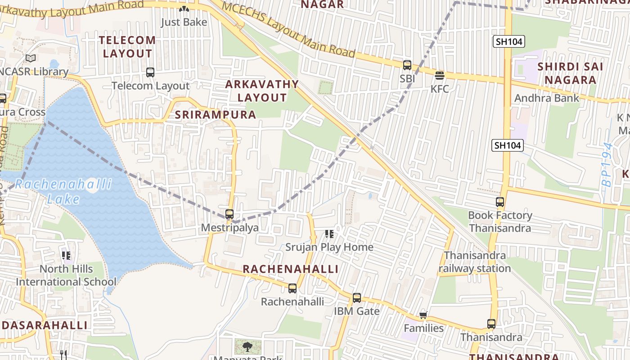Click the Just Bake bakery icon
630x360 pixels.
tap(184, 9)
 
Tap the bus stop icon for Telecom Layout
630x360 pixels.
tap(150, 72)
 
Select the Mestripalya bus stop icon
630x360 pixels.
tap(229, 214)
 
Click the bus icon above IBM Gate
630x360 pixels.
tap(357, 297)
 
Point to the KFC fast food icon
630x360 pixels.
tap(440, 75)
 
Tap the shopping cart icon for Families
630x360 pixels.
tap(423, 315)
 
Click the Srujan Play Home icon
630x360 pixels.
tap(329, 234)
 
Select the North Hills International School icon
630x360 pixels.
tap(66, 256)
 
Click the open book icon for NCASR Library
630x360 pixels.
tap(31, 58)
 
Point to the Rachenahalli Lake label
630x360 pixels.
tap(63, 191)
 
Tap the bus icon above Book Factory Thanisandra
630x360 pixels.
tap(500, 202)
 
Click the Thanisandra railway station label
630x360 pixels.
tap(475, 262)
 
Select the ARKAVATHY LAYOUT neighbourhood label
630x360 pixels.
tap(262, 91)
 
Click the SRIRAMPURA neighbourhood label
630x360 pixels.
tap(216, 115)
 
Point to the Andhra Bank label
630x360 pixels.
tap(547, 98)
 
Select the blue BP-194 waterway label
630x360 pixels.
tap(608, 165)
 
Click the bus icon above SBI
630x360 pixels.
tap(407, 65)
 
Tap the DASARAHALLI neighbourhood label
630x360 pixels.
tap(44, 325)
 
